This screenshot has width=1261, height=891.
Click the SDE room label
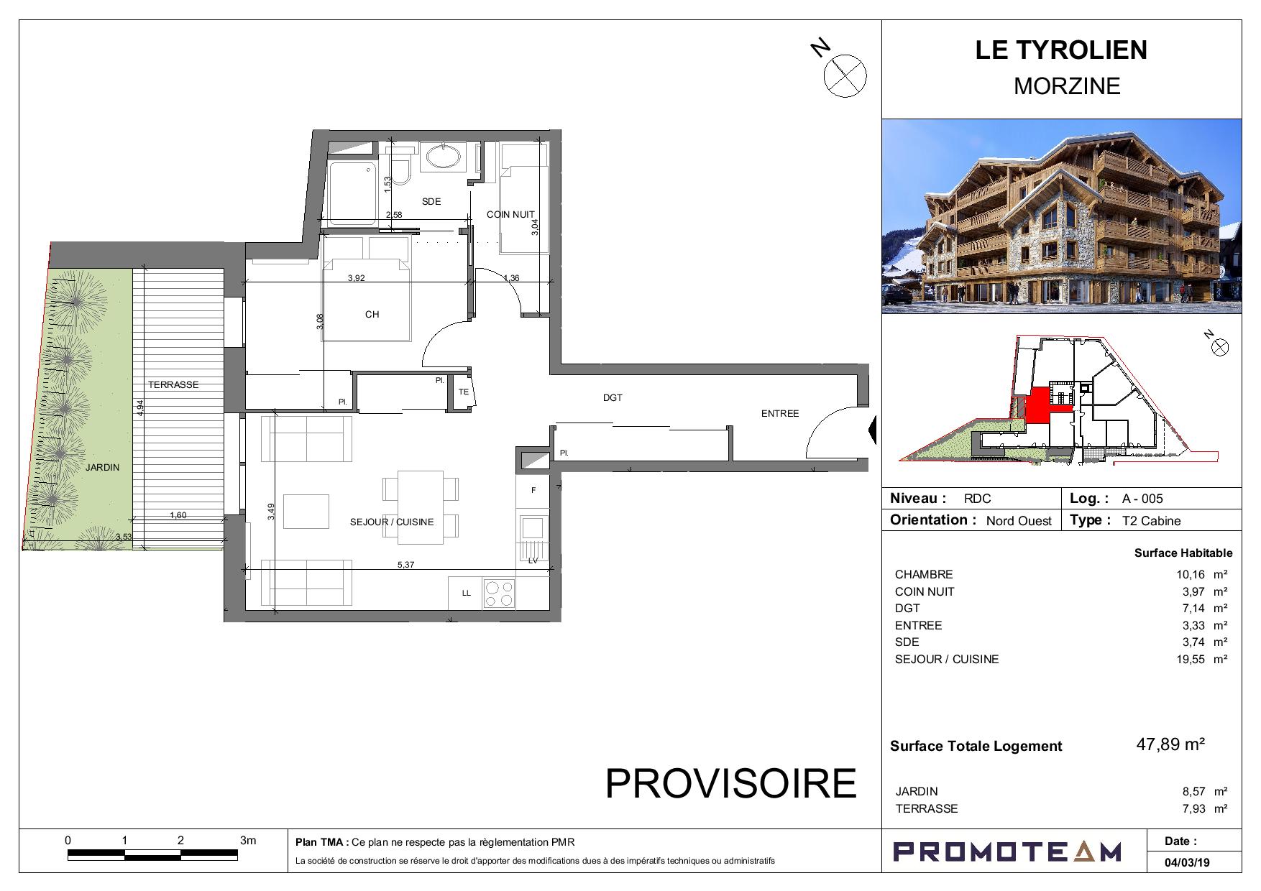(431, 202)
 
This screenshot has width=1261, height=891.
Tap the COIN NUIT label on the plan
(510, 215)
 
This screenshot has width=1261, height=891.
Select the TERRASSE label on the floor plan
(173, 385)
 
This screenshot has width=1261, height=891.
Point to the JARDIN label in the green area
(103, 468)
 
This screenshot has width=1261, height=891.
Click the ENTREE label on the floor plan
(780, 414)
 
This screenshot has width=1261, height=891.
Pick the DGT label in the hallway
(613, 397)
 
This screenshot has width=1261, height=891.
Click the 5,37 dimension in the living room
(406, 565)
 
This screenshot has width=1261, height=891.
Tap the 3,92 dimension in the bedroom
(356, 278)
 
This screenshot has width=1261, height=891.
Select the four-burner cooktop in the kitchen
(499, 594)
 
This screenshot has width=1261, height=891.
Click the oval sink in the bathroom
(441, 157)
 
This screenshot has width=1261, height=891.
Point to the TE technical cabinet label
(464, 392)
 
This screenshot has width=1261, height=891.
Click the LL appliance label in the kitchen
(466, 594)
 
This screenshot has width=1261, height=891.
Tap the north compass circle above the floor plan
(845, 75)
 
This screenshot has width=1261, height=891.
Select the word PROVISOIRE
(731, 783)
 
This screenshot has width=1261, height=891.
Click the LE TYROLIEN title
(1061, 50)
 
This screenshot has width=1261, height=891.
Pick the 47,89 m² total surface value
(1170, 744)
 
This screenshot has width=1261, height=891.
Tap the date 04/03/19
(1187, 862)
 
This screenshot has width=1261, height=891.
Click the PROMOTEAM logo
(1006, 851)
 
